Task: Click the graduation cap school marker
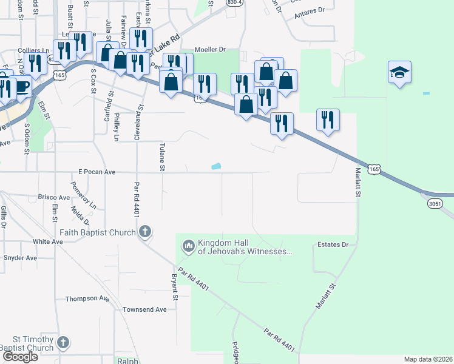click(x=399, y=73)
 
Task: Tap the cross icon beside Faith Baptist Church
click(x=144, y=231)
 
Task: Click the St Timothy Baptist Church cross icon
click(x=63, y=343)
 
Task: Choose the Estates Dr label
click(x=332, y=245)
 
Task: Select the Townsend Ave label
click(x=144, y=309)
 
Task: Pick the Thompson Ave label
click(x=87, y=298)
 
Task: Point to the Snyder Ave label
click(x=20, y=258)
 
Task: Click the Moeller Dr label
click(x=210, y=49)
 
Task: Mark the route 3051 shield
click(x=435, y=203)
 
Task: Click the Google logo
click(x=19, y=357)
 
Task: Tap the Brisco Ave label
click(x=54, y=197)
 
